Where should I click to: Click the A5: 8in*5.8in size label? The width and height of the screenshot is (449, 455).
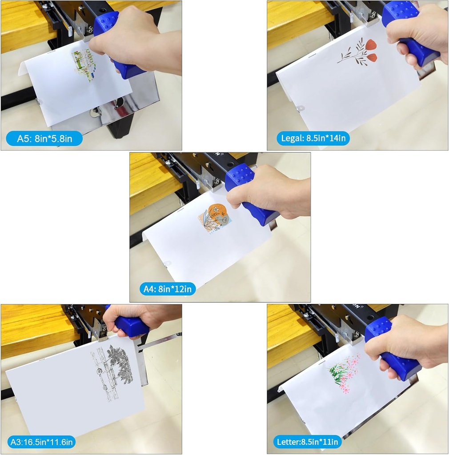click(44, 139)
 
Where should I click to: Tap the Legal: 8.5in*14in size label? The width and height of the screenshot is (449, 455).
click(313, 138)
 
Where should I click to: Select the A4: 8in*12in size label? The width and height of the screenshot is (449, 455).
click(168, 289)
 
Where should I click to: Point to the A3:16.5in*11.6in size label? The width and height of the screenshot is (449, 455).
click(41, 442)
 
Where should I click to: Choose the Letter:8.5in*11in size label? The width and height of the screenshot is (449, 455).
click(307, 442)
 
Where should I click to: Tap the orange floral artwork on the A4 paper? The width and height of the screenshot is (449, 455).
click(215, 218)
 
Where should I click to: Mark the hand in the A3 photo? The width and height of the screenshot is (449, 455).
click(139, 319)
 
